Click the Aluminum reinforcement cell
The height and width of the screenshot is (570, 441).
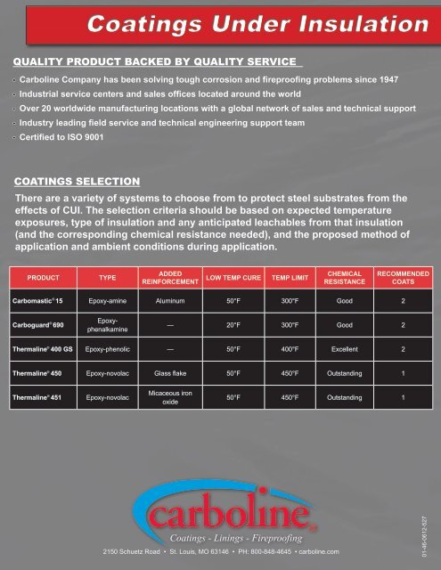tap(169, 302)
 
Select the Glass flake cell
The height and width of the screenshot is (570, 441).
tap(169, 374)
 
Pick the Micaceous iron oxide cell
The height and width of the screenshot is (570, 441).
tap(169, 396)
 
